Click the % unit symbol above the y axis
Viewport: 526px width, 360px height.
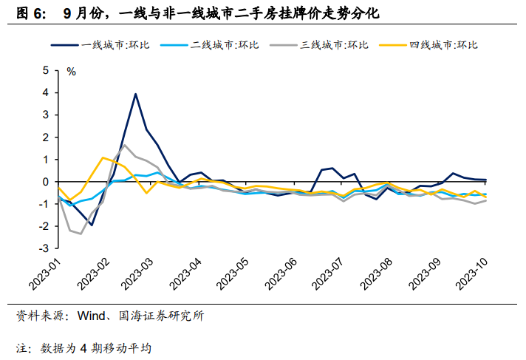click(x=72, y=72)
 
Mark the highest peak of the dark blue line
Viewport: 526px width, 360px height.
click(x=136, y=94)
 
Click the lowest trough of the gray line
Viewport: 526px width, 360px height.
click(x=81, y=234)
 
